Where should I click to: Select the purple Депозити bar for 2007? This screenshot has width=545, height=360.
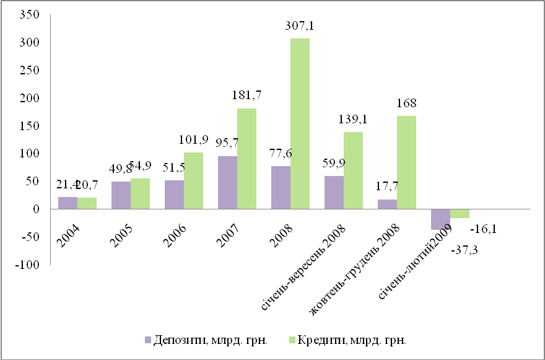click(228, 183)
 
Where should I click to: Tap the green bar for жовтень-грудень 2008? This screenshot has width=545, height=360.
click(406, 162)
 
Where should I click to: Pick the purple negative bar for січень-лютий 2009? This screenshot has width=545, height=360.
click(440, 219)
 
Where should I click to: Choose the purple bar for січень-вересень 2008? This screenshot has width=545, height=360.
click(334, 193)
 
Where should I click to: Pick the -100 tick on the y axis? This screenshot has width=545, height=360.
click(28, 265)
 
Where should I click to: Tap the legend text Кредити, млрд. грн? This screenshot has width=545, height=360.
click(354, 340)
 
